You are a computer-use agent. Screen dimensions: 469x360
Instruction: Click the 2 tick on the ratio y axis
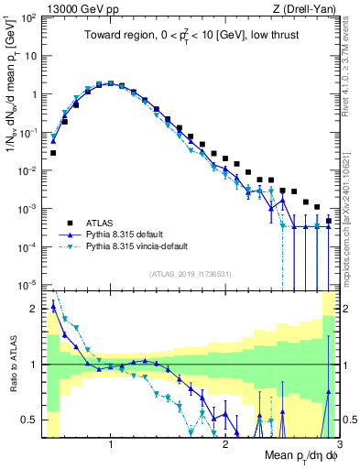pyautogui.click(x=35, y=309)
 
